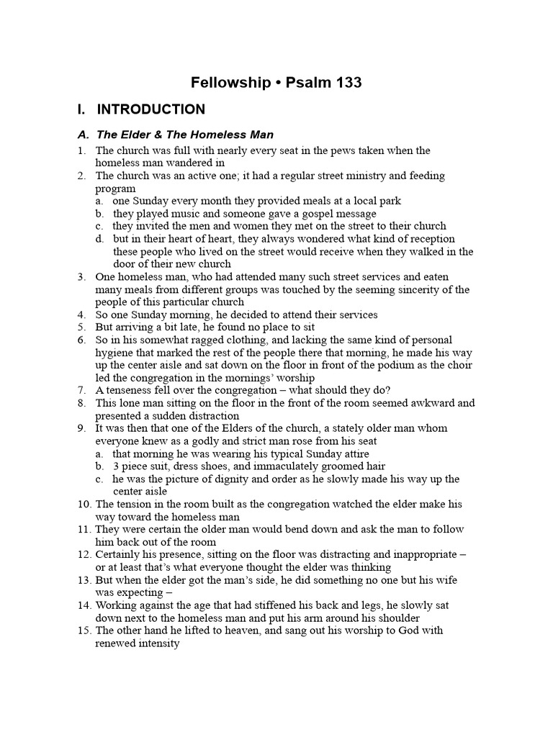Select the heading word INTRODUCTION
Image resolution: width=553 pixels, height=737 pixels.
point(150,109)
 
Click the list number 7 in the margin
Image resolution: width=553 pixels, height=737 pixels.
point(82,391)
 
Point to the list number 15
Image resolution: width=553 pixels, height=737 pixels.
point(85,630)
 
